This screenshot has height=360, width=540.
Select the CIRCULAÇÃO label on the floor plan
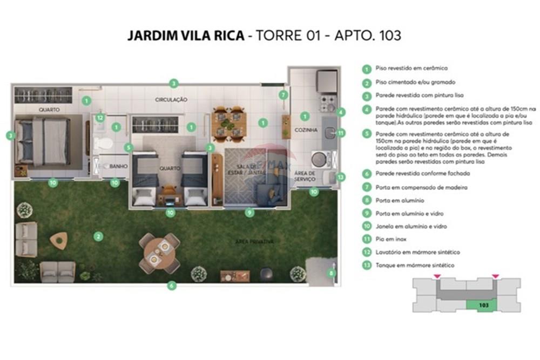(171, 100)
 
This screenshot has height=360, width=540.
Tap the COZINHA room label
(305, 130)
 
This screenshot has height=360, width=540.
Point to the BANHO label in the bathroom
(118, 167)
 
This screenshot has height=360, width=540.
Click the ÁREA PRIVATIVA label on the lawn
(254, 241)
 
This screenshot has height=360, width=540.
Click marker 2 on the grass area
(98, 236)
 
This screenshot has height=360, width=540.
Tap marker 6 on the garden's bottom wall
(172, 286)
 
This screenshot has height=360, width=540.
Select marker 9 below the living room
(249, 213)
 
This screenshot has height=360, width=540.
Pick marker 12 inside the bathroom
(100, 117)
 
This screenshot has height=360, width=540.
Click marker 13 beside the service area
(340, 176)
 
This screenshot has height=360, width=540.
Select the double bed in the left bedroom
(49, 142)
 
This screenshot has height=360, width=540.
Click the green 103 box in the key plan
(483, 305)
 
